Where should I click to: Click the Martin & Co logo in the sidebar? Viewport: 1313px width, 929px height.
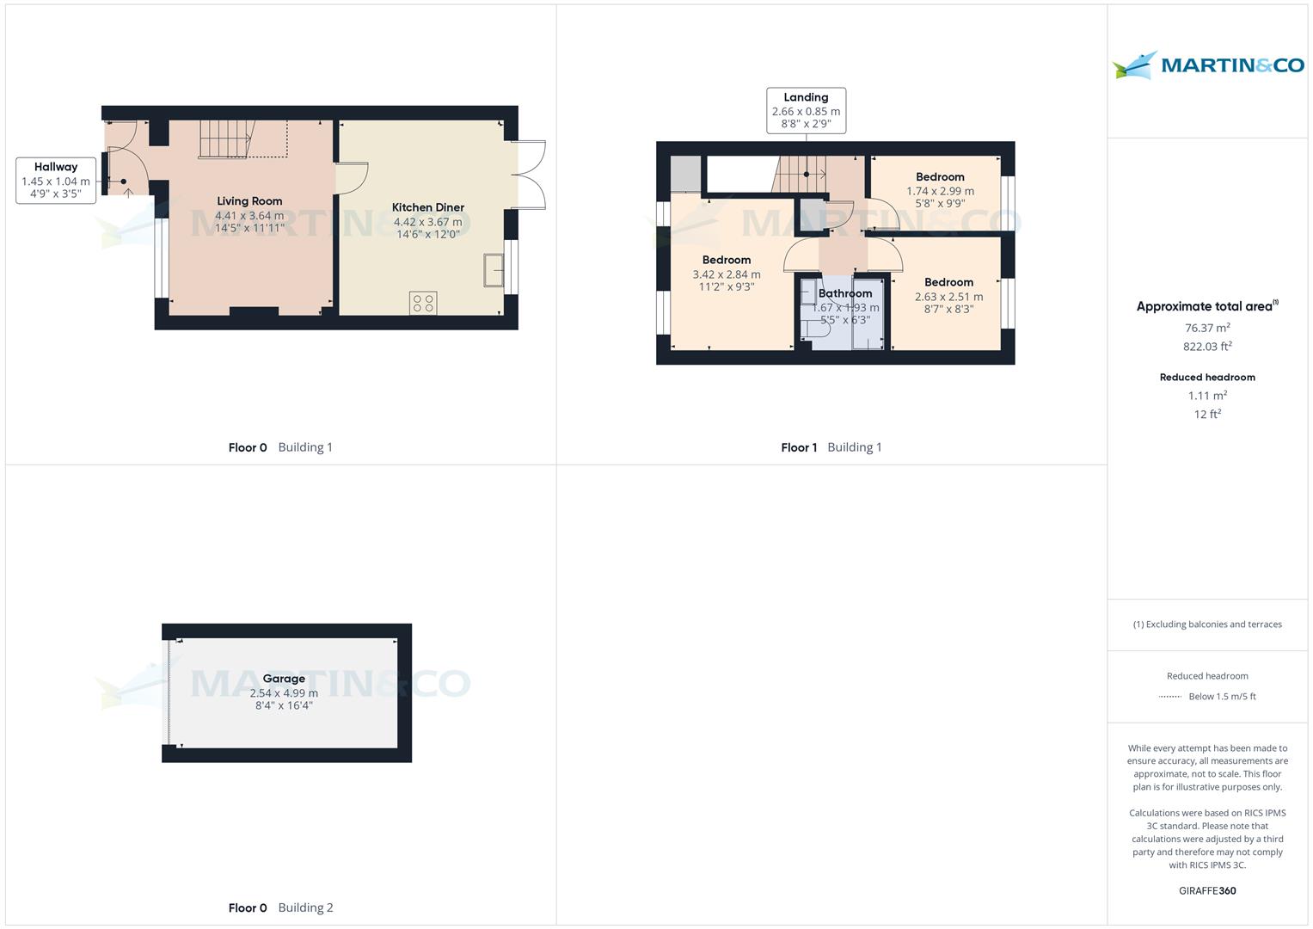click(x=1207, y=65)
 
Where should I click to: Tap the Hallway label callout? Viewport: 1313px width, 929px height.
click(x=56, y=181)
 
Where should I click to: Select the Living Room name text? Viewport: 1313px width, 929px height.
click(x=249, y=201)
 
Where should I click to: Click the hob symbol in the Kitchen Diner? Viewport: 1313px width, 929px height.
click(x=423, y=303)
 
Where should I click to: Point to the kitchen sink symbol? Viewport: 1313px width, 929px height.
click(x=494, y=269)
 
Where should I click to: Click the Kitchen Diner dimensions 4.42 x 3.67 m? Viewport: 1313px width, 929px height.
click(x=427, y=222)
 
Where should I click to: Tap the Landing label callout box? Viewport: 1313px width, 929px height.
click(x=806, y=111)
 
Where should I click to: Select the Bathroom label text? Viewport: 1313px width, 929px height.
click(x=845, y=293)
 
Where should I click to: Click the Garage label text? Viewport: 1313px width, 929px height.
click(x=284, y=679)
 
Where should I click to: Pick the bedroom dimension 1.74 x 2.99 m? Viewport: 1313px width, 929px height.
click(x=940, y=191)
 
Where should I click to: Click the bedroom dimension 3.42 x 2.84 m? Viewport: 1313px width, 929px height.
click(x=727, y=274)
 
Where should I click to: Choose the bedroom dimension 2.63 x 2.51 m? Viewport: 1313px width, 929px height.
click(x=948, y=297)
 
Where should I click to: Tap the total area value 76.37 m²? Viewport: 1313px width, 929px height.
click(x=1207, y=328)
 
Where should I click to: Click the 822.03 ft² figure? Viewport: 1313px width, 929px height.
click(x=1207, y=347)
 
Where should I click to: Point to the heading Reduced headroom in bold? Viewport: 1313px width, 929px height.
click(x=1207, y=377)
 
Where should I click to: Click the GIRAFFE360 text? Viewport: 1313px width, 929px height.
click(x=1207, y=890)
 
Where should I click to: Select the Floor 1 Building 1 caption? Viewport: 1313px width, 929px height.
click(x=831, y=447)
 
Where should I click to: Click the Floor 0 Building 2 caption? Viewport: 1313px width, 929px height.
click(x=280, y=907)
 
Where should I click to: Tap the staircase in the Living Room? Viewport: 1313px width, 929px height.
click(x=225, y=138)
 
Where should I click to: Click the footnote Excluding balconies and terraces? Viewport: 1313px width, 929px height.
click(x=1207, y=624)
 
